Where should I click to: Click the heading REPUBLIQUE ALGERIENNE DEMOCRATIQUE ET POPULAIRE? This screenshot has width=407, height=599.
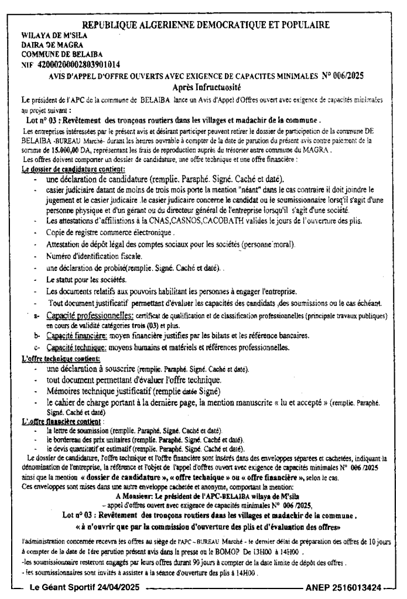click(204, 25)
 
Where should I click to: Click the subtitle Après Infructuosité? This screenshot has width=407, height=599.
click(203, 87)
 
